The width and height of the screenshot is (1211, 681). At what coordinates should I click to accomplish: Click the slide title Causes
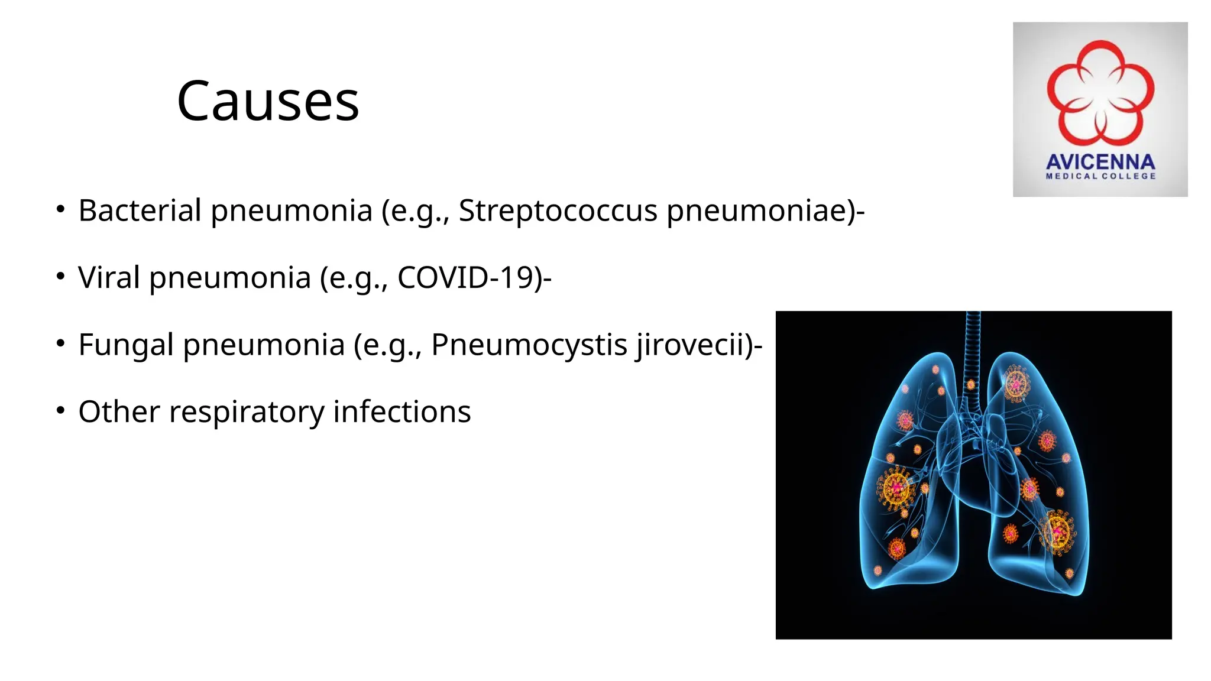268,101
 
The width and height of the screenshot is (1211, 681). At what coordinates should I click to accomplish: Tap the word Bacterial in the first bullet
140,210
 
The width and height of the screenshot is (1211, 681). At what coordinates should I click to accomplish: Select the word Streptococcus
558,210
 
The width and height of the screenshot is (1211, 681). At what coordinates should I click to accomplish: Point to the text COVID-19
466,277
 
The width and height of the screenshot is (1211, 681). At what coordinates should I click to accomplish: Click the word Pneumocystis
529,345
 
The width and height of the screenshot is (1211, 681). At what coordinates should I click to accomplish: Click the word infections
402,411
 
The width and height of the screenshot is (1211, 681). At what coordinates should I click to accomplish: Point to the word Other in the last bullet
119,411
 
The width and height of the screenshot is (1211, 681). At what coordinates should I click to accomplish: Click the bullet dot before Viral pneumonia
60,276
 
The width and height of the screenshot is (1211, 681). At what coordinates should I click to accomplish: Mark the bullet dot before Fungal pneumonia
60,343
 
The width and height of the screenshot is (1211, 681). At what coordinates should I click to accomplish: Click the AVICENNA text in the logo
1100,162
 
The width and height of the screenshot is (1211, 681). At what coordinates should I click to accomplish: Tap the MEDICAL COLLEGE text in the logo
1100,176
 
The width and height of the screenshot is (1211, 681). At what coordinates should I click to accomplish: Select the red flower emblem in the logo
1100,92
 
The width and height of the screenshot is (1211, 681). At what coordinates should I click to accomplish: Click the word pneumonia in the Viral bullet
230,277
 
